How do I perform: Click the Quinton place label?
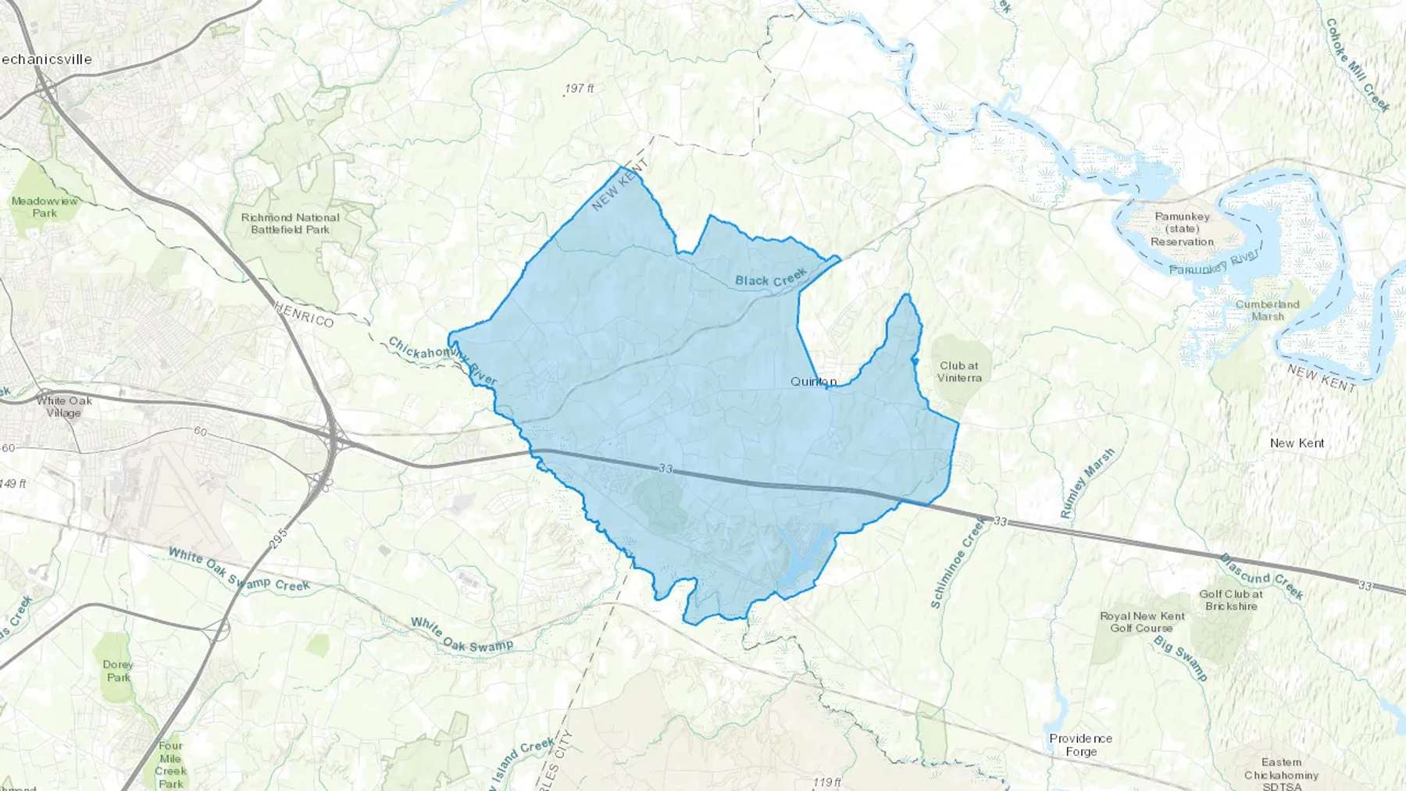click(x=813, y=381)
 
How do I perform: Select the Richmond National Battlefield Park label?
click(x=291, y=223)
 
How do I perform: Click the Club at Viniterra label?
click(x=959, y=372)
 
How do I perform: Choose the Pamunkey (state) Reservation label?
click(x=1182, y=229)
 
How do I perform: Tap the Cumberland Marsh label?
click(x=1267, y=310)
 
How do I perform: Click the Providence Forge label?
click(x=1080, y=745)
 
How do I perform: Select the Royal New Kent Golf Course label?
click(x=1142, y=622)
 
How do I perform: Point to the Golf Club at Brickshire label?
click(x=1231, y=600)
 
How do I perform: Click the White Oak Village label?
click(x=64, y=406)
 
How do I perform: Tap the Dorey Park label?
click(x=118, y=671)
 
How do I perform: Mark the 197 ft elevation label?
click(x=579, y=89)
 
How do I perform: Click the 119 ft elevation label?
click(x=826, y=782)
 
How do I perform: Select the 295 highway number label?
click(x=280, y=538)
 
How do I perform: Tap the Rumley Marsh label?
click(x=1087, y=484)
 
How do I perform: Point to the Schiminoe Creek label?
click(x=958, y=562)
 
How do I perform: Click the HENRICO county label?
click(x=304, y=315)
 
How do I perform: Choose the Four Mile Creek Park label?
click(x=170, y=764)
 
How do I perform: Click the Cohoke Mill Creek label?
click(x=1358, y=65)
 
